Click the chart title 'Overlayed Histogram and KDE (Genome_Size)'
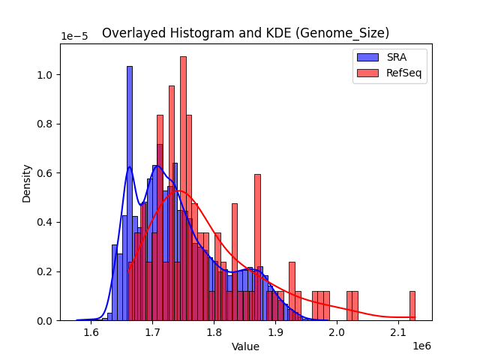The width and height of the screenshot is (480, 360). pyautogui.click(x=245, y=33)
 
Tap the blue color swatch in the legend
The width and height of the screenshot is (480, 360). pyautogui.click(x=367, y=58)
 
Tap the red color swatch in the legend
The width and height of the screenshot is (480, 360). pyautogui.click(x=367, y=73)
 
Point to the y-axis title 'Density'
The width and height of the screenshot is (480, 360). pyautogui.click(x=27, y=183)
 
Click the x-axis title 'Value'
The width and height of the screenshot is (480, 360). pyautogui.click(x=245, y=346)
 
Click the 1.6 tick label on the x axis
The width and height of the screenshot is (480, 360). pyautogui.click(x=91, y=332)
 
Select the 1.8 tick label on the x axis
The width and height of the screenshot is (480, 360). pyautogui.click(x=214, y=332)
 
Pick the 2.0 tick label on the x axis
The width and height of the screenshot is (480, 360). pyautogui.click(x=337, y=332)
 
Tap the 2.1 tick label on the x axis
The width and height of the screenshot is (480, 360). pyautogui.click(x=398, y=332)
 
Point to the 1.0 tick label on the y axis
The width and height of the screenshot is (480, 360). pyautogui.click(x=46, y=75)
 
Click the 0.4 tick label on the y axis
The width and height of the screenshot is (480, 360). pyautogui.click(x=46, y=223)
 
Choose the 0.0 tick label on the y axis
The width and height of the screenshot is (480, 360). pyautogui.click(x=46, y=321)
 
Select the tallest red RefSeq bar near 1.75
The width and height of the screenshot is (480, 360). pyautogui.click(x=183, y=188)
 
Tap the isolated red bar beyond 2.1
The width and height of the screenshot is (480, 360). pyautogui.click(x=412, y=306)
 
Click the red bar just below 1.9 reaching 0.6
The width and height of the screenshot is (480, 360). pyautogui.click(x=257, y=247)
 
